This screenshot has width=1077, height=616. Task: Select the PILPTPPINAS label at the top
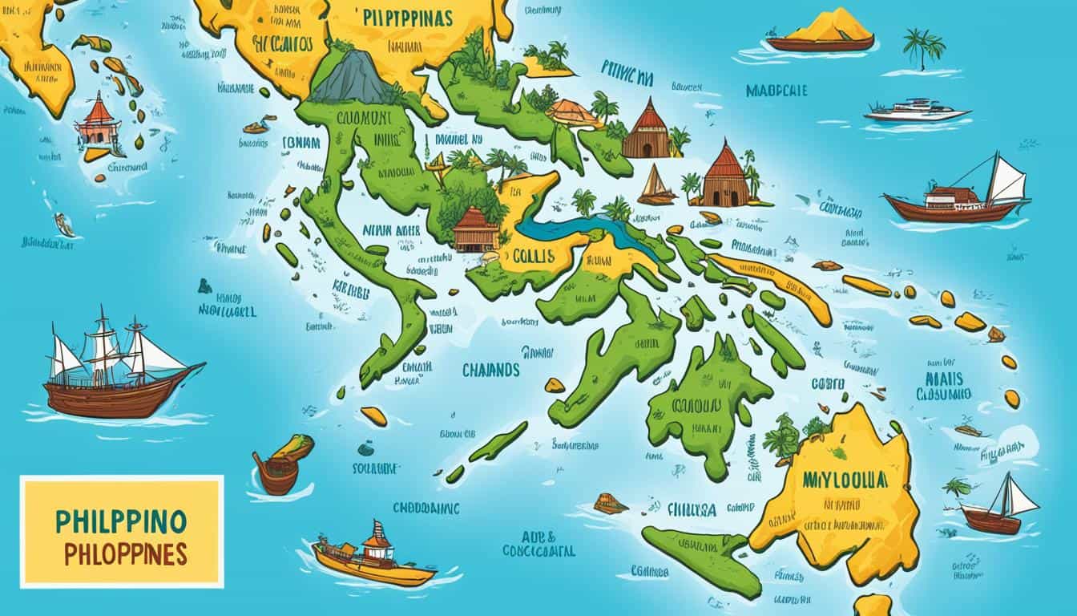(405, 18)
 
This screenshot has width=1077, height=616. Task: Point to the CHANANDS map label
(490, 371)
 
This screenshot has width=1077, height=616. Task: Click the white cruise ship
(917, 111)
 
